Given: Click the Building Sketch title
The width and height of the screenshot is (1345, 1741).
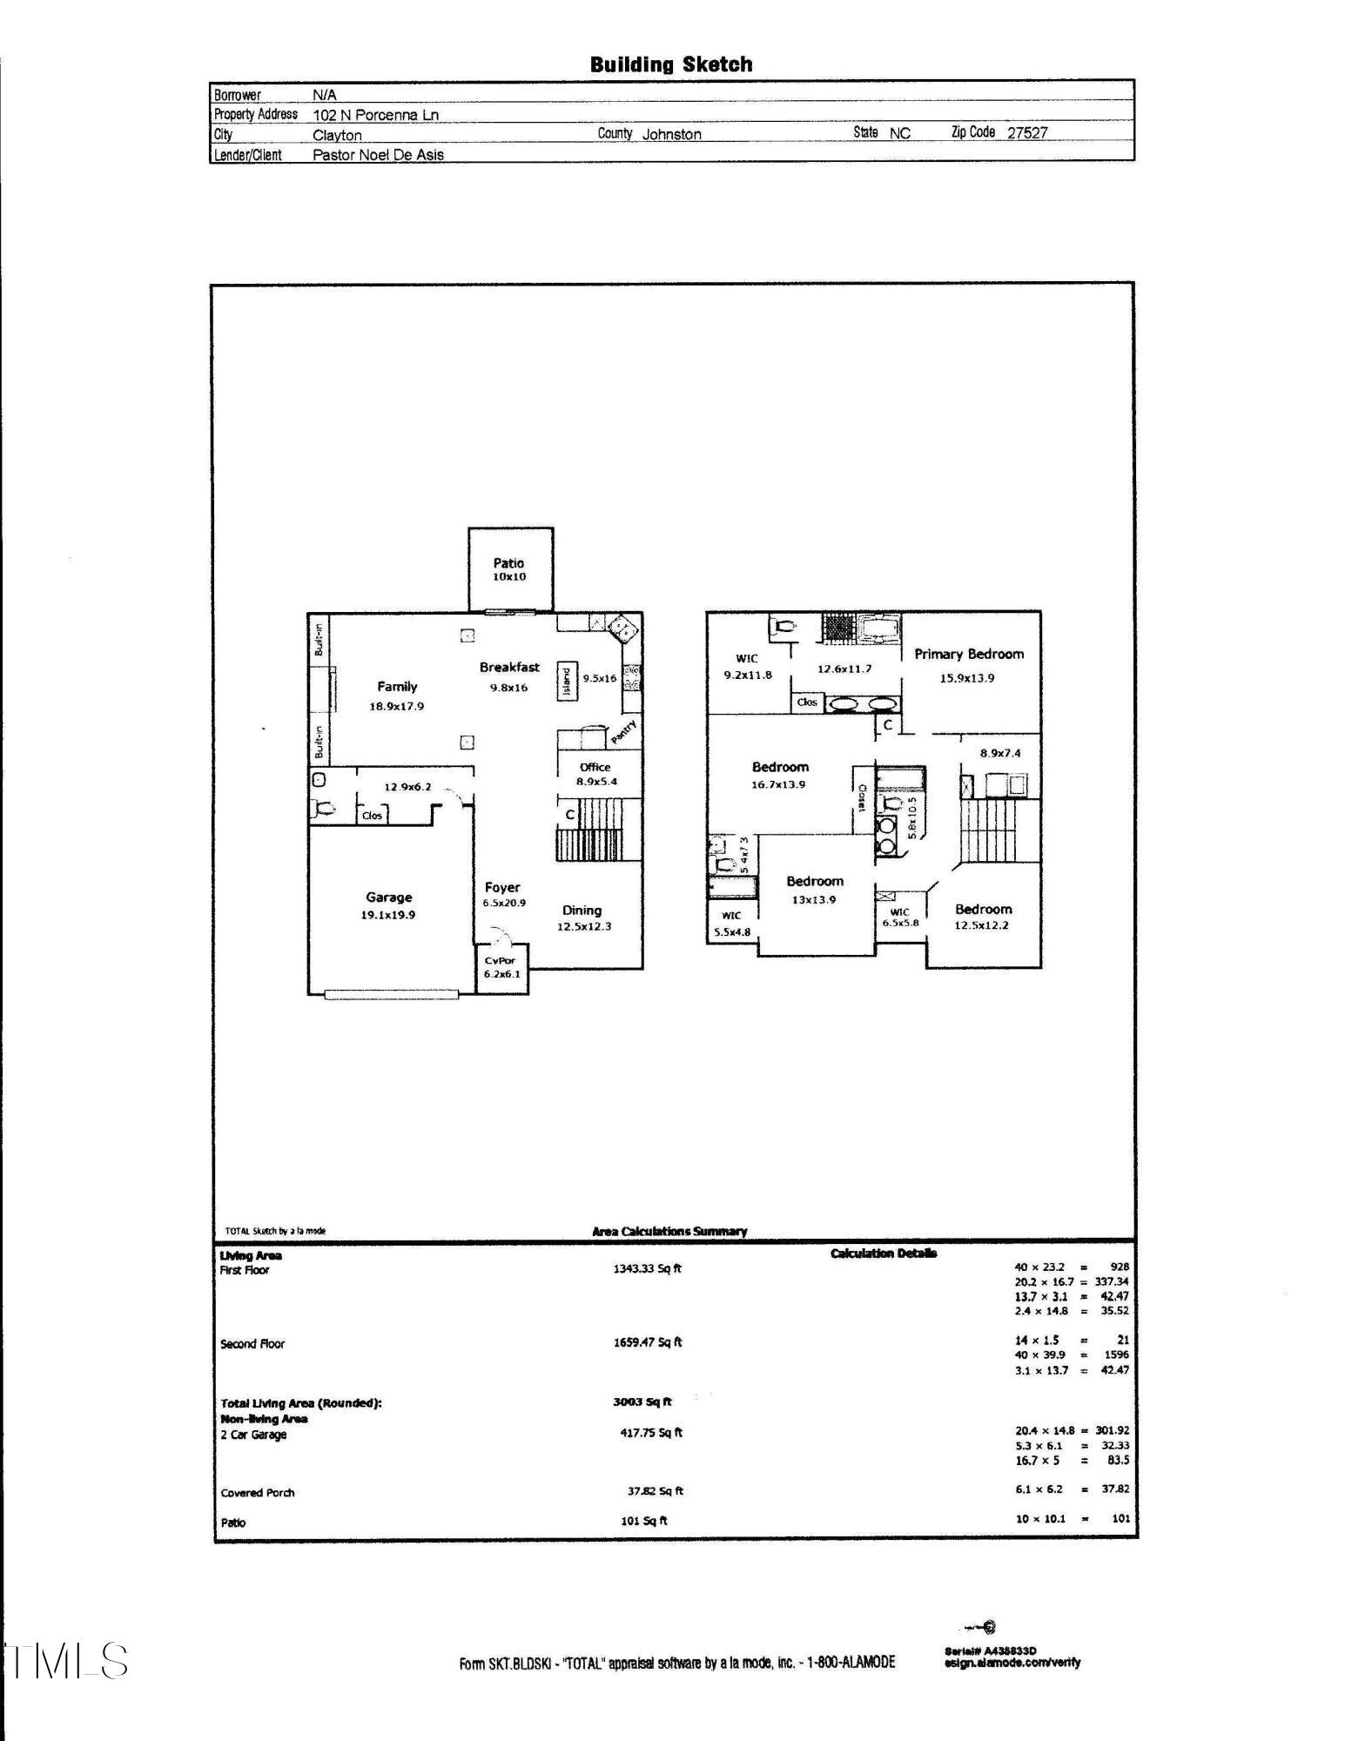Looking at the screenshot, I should [670, 64].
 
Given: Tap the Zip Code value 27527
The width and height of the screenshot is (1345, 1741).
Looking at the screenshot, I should [1027, 133].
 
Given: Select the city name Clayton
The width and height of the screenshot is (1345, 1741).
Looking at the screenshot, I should [337, 136].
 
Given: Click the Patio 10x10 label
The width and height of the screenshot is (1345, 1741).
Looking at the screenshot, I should [509, 569].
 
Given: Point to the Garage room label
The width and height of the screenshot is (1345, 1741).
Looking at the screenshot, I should [388, 897].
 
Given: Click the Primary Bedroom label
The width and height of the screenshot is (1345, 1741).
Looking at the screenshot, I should [968, 655].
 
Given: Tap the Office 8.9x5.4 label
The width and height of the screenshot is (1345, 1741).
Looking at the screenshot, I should [595, 774].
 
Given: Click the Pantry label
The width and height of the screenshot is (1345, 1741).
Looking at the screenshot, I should [623, 732].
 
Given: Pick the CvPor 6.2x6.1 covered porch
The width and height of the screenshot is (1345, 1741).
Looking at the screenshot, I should [501, 967].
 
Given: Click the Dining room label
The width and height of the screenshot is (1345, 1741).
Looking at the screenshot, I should [582, 911].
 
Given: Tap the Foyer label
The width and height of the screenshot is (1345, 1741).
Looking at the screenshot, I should [502, 888].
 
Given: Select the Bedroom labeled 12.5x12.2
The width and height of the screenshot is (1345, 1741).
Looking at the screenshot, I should [982, 917].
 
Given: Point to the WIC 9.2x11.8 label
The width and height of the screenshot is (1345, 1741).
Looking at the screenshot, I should [747, 667].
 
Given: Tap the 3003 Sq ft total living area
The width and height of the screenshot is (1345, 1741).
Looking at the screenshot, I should [642, 1402].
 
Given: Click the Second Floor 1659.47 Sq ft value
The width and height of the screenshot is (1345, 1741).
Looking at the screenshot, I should [647, 1341].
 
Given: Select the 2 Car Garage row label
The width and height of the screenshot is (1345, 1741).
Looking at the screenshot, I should [253, 1435].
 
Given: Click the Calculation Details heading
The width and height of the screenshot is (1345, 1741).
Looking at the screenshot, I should [883, 1254].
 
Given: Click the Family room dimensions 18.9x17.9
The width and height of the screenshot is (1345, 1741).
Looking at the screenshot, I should [396, 706].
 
